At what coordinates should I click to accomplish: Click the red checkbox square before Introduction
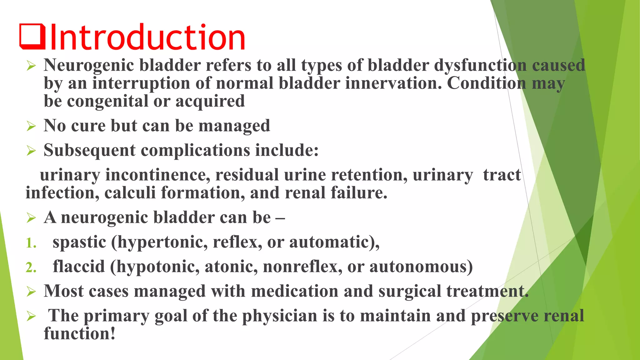coord(32,37)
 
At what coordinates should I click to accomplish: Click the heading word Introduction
coord(147,38)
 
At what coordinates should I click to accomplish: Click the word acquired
coord(210,101)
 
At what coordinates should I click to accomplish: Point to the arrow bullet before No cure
coord(31,126)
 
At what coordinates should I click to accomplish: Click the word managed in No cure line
coord(234,126)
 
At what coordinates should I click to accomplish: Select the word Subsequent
coord(89,150)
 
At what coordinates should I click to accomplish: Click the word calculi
coord(130,193)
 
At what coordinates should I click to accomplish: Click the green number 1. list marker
coord(31,243)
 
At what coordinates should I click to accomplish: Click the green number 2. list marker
coord(31,267)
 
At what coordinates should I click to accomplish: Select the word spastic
coord(79,242)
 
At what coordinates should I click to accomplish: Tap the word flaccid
coord(78,267)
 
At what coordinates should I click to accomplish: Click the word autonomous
coord(421,267)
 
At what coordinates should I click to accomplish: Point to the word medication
coord(295,291)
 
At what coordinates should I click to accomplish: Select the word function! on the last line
coord(79,333)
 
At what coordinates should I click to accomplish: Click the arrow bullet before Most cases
coord(31,292)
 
